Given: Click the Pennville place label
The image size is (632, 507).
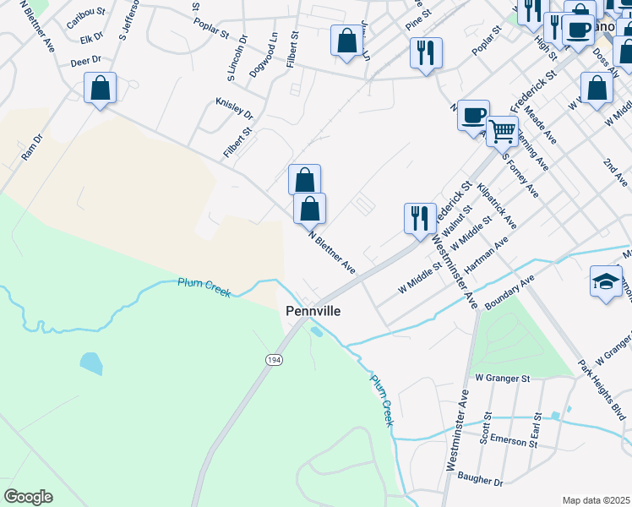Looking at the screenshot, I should pyautogui.click(x=313, y=311).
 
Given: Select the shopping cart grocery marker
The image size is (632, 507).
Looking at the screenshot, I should pyautogui.click(x=502, y=131).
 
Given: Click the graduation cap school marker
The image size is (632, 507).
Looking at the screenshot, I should pyautogui.click(x=606, y=281).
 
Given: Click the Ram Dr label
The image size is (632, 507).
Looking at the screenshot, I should pyautogui.click(x=32, y=148).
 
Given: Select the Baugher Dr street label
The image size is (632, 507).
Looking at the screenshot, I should pyautogui.click(x=480, y=480).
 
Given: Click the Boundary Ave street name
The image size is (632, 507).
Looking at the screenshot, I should pyautogui.click(x=511, y=290).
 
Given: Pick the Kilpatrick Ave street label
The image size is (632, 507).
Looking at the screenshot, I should pyautogui.click(x=497, y=206).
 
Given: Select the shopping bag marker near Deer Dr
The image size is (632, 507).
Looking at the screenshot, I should pyautogui.click(x=100, y=88).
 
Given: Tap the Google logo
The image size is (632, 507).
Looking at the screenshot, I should pyautogui.click(x=28, y=497).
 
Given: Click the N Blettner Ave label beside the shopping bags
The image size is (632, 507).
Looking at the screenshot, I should pyautogui.click(x=332, y=252).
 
